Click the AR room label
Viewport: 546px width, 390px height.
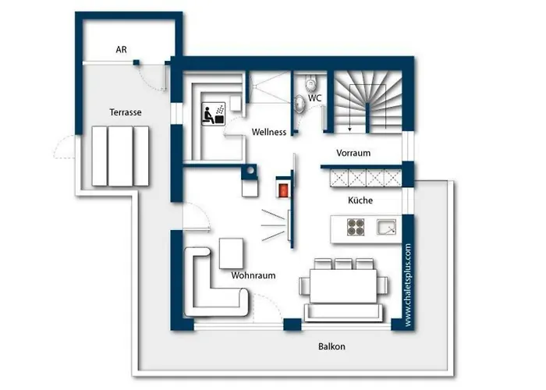[121, 49]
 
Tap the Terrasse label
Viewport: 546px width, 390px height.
[126, 112]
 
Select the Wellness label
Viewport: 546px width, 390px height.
[269, 132]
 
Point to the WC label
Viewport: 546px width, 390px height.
[315, 98]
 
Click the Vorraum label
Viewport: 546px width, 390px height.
[353, 153]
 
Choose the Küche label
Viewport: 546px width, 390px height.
[360, 200]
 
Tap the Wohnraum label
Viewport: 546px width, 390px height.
[253, 275]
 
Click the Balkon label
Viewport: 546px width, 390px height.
[331, 346]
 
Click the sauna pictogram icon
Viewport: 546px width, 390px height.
[214, 114]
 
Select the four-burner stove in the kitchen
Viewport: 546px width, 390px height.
[356, 227]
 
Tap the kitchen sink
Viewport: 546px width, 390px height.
[386, 227]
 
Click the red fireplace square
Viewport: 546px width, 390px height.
[283, 190]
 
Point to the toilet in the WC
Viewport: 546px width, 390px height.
[310, 82]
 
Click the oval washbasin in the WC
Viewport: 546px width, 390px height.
[300, 104]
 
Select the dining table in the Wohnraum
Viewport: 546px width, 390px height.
[343, 285]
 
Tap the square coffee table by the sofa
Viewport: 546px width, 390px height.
[231, 253]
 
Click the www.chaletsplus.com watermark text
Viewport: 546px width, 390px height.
[408, 285]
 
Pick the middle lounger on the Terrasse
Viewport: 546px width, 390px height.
[120, 156]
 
